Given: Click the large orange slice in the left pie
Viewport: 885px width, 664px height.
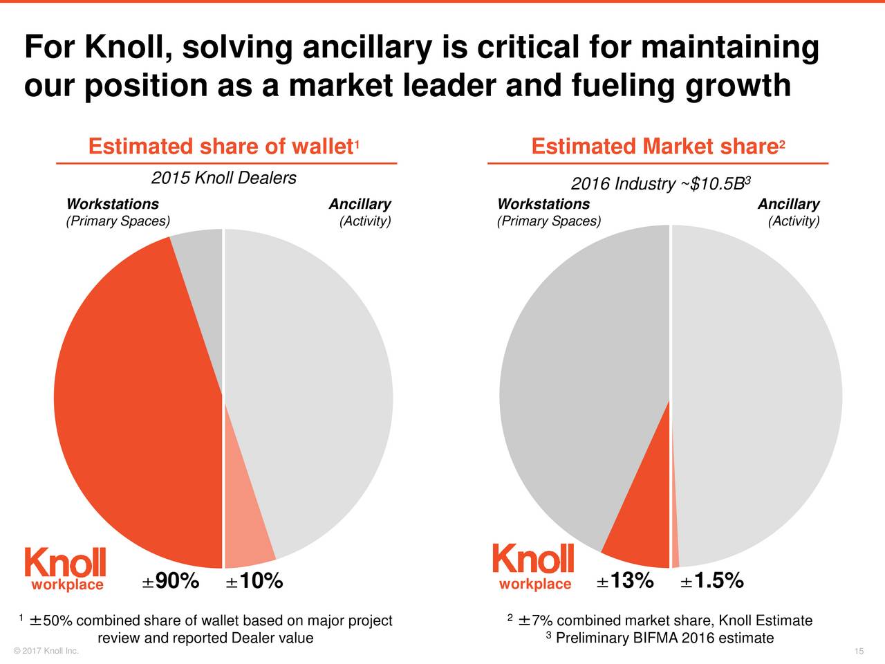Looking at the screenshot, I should (x=131, y=401).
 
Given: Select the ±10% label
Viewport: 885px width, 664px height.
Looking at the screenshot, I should (x=254, y=582).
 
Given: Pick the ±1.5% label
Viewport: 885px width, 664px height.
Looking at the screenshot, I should (x=711, y=581).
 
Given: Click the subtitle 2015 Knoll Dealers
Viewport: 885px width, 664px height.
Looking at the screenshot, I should (x=223, y=178).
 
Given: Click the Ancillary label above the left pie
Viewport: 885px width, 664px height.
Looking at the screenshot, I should (x=360, y=204).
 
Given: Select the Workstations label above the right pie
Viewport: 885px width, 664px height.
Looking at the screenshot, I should (x=543, y=204).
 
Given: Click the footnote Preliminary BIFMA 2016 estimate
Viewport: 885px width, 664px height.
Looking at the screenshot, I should (x=664, y=638).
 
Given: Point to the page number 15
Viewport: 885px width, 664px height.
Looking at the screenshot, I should (x=859, y=652).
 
